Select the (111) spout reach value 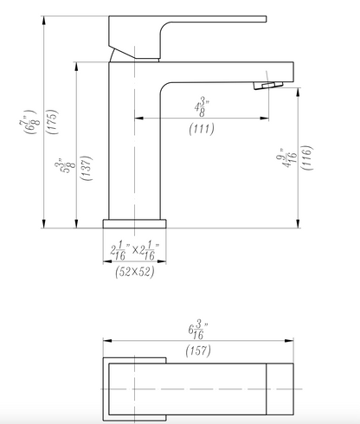pos(202,129)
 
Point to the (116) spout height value pos(307,157)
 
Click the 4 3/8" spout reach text pos(201,108)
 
